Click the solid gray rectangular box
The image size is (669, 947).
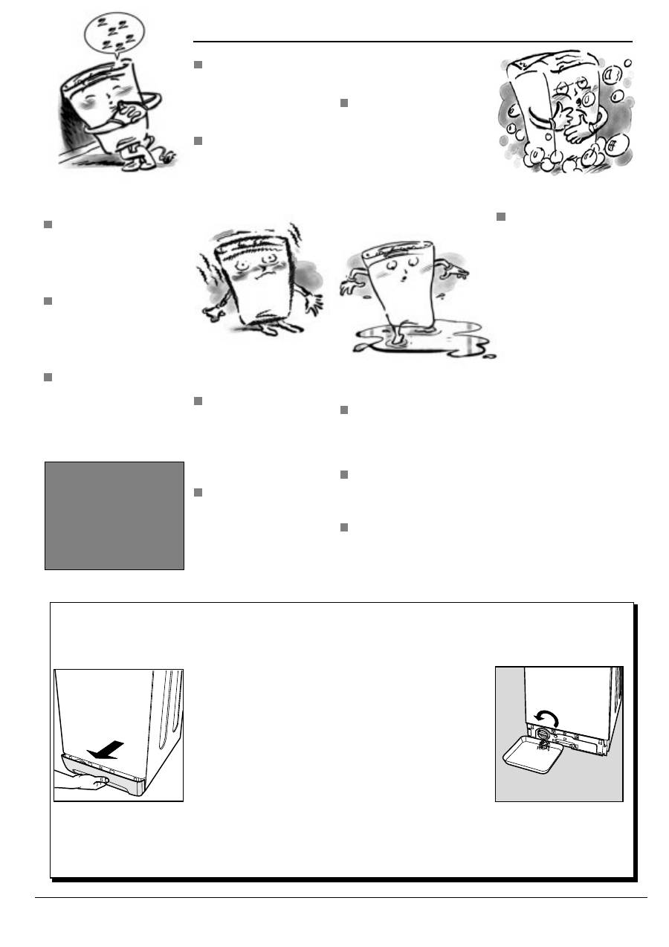coord(114,515)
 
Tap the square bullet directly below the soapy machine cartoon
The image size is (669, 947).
coord(500,216)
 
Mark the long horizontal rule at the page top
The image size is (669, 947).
coord(413,42)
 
